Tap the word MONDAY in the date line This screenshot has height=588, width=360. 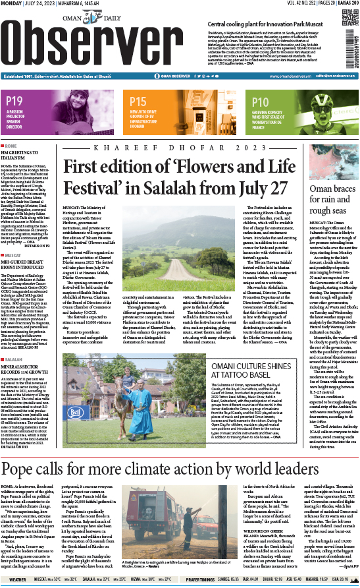(12, 5)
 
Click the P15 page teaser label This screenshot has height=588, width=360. (138, 102)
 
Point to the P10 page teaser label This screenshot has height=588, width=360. (260, 102)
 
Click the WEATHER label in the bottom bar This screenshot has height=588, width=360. (14, 580)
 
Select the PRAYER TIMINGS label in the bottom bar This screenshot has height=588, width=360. (204, 580)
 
